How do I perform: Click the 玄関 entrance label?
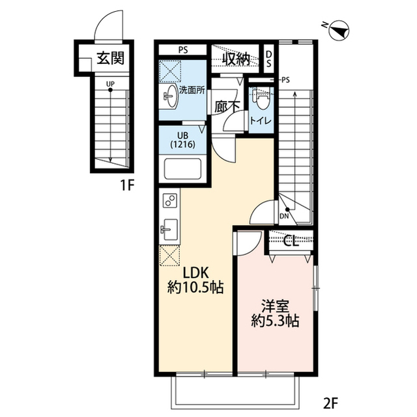[x=110, y=57]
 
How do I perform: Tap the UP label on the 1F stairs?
[x=110, y=84]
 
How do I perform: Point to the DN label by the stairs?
[x=284, y=216]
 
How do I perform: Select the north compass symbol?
[x=339, y=30]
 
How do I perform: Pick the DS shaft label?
[x=269, y=59]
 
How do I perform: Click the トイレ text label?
[x=261, y=121]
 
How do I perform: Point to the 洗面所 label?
[x=192, y=90]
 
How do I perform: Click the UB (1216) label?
[x=182, y=140]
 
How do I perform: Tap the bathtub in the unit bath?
[x=182, y=169]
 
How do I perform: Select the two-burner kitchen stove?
[x=170, y=200]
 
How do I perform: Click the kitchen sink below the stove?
[x=170, y=229]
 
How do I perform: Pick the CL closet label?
[x=291, y=241]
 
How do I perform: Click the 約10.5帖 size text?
[x=195, y=287]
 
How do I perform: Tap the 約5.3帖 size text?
[x=275, y=321]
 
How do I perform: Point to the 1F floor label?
[x=126, y=185]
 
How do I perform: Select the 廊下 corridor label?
[x=227, y=107]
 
